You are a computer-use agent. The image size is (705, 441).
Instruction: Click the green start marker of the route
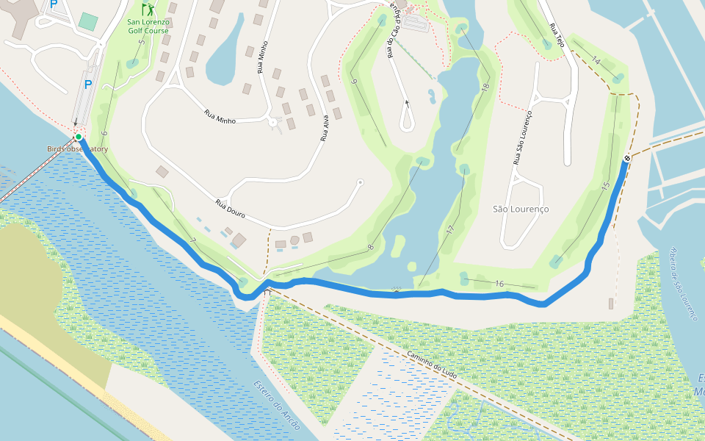79,137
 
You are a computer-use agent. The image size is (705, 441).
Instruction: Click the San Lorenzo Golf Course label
148,26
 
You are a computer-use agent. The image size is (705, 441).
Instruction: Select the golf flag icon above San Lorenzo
148,10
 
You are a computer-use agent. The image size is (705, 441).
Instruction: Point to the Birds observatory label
78,149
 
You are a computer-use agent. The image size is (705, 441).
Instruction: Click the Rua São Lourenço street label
521,137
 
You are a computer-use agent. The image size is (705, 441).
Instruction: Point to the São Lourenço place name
521,209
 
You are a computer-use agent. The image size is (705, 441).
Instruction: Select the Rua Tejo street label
556,35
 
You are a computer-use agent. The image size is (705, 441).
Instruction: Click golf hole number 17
449,231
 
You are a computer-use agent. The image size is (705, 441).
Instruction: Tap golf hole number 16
499,284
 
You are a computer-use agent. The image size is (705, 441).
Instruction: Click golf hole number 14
595,61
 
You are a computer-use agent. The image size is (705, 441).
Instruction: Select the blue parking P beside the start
88,85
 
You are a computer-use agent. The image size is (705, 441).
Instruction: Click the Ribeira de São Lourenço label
681,284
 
